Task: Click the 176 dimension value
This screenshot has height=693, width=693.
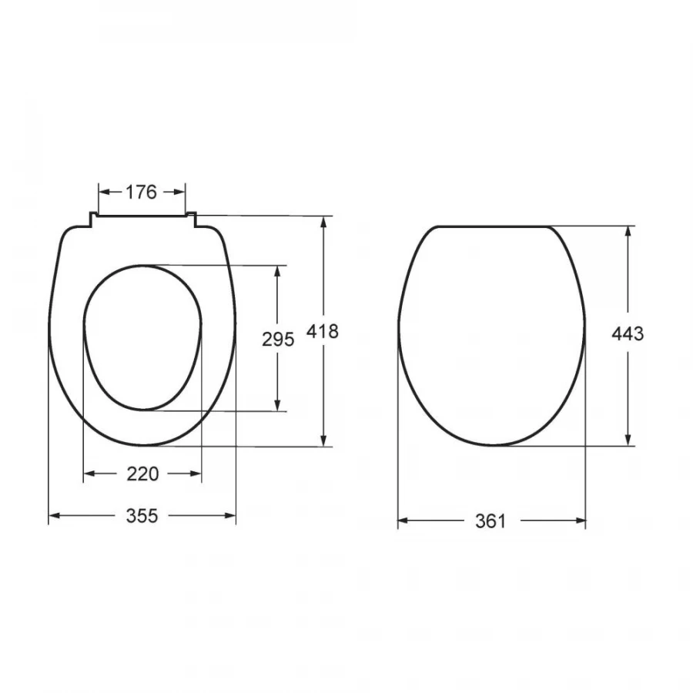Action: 142,192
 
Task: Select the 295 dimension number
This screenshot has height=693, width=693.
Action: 278,340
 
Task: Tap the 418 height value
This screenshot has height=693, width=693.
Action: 323,331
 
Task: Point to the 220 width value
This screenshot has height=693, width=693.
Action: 142,474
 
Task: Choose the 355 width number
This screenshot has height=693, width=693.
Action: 142,516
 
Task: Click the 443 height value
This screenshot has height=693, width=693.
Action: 628,333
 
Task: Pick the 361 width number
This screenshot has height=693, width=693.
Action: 490,521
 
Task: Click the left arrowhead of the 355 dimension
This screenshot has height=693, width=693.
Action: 54,515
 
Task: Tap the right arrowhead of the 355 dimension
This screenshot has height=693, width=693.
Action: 230,515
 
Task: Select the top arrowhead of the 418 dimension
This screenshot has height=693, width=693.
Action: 324,222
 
